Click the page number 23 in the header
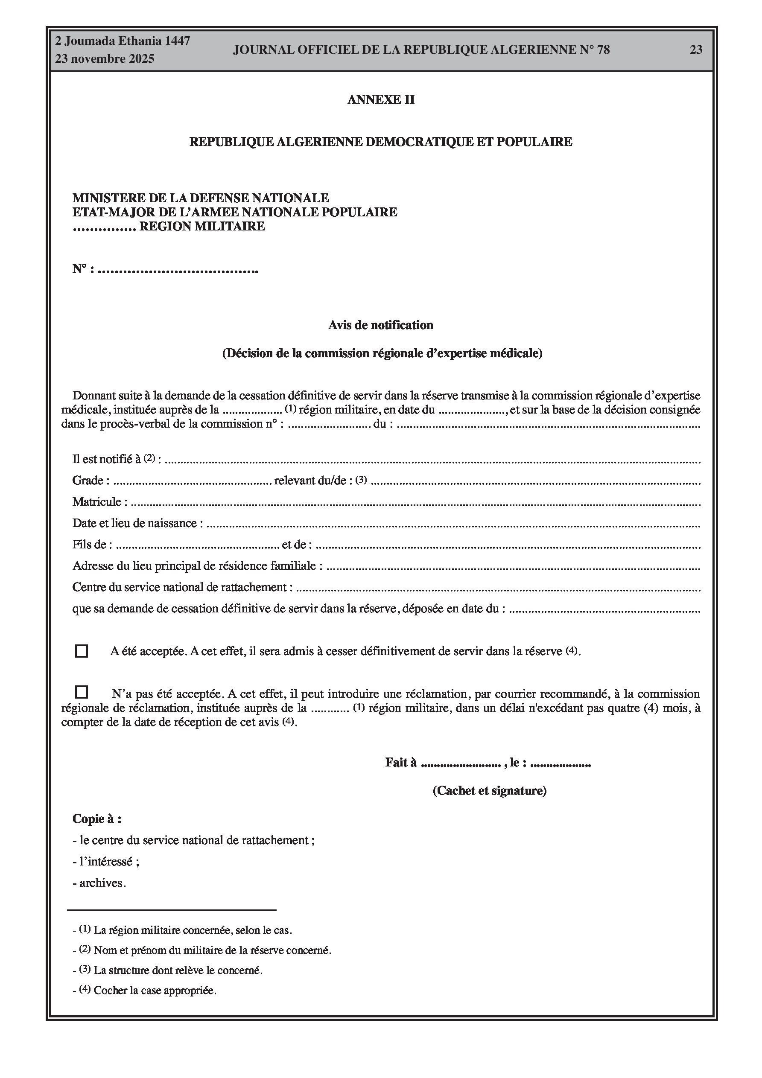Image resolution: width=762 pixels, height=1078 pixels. (696, 50)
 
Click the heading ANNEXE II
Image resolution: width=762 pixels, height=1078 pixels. (380, 99)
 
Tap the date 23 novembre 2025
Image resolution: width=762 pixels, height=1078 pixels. (104, 59)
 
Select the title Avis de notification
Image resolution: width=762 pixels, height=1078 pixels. (380, 325)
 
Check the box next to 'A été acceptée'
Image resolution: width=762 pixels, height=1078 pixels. (81, 651)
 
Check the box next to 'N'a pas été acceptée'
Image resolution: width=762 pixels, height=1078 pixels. (81, 692)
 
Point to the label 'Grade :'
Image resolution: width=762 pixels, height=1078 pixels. (91, 480)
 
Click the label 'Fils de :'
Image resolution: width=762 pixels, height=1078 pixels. (92, 545)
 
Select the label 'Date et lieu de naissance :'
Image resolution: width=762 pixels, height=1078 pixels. (137, 523)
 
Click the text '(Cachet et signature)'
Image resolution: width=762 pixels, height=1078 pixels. (489, 791)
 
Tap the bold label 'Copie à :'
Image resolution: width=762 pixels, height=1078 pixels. (97, 819)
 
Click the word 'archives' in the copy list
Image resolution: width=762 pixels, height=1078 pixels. (101, 883)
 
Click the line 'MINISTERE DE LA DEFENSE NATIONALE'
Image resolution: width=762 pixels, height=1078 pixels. (201, 198)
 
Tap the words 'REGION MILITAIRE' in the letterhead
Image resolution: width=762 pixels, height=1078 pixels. (202, 226)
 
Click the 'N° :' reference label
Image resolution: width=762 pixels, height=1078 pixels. (83, 269)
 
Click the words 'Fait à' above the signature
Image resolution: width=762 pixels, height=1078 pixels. (401, 763)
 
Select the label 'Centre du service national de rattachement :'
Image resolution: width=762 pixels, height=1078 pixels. (182, 587)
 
